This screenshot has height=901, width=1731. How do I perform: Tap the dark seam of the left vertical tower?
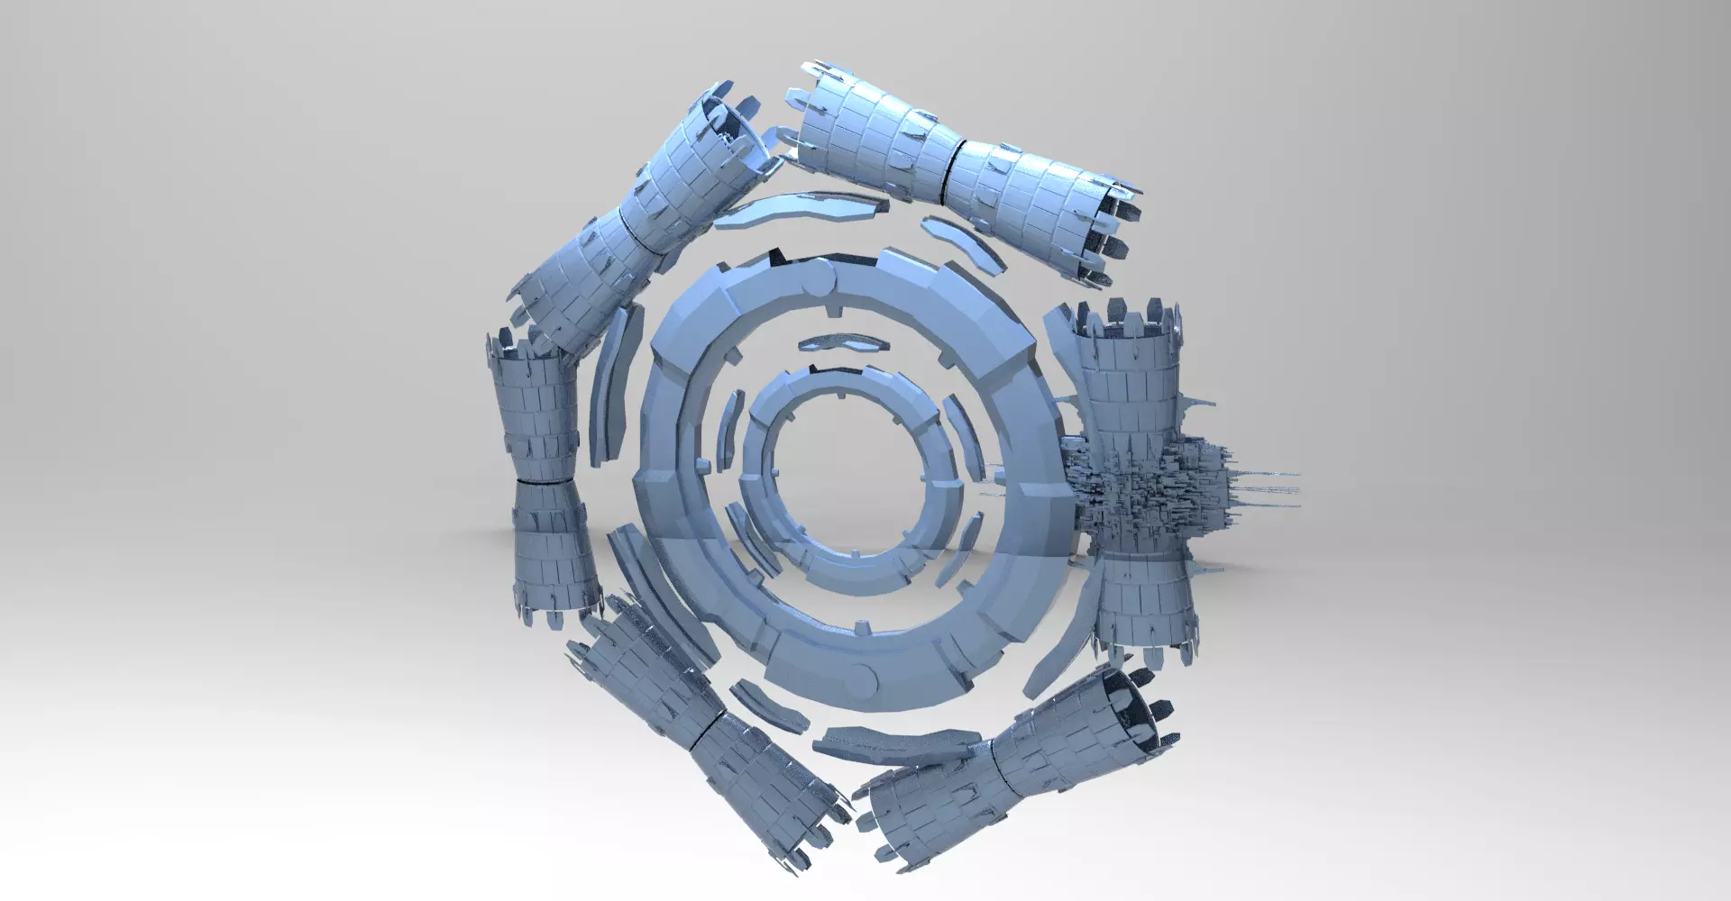coord(543,483)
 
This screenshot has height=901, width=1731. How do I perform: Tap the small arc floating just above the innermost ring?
coord(836,343)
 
